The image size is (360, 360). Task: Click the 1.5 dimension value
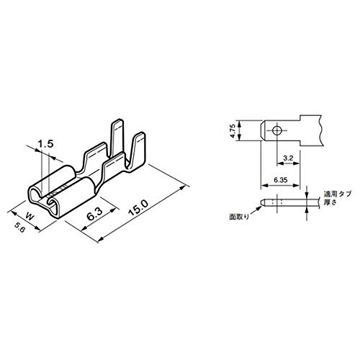coord(45,144)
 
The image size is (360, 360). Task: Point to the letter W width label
coord(30,217)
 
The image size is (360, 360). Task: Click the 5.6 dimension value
coord(19,227)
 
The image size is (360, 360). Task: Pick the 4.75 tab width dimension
coord(233,131)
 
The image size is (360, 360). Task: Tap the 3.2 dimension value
coord(288,158)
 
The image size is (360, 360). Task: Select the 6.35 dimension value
coord(280,180)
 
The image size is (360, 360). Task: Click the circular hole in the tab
coord(276,131)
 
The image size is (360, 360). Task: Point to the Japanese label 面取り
coord(239,217)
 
